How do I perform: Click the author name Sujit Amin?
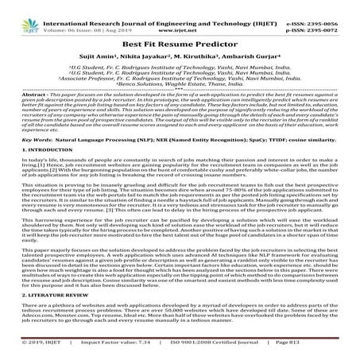click(119, 47)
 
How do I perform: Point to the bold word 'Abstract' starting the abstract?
click(29, 87)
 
